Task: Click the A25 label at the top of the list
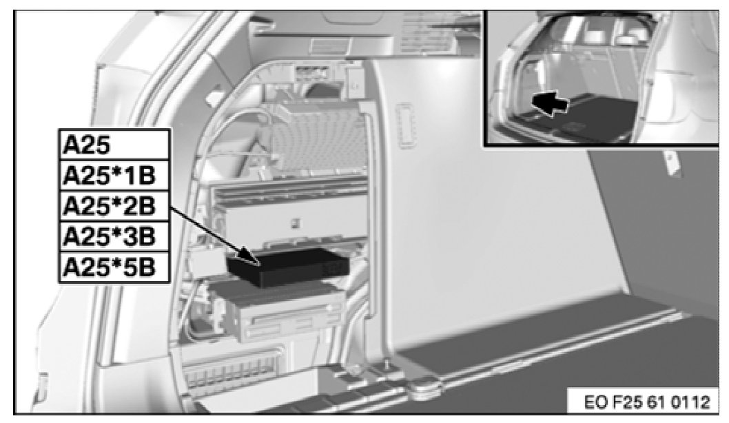click(x=87, y=145)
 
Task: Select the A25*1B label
click(x=109, y=176)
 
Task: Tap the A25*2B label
click(x=109, y=206)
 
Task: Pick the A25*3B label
click(x=109, y=236)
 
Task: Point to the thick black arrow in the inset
click(x=550, y=103)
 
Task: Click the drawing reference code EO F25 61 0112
click(x=647, y=402)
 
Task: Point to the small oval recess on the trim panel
click(x=404, y=125)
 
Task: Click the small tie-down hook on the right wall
click(x=671, y=163)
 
